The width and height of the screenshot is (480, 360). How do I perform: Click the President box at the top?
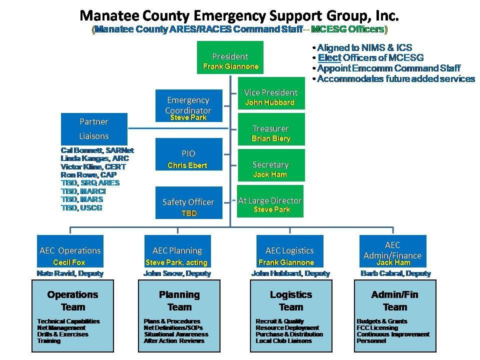pos(230,57)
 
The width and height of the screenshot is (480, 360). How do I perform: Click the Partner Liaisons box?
pos(94,128)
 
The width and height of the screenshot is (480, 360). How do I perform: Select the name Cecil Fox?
pos(69,262)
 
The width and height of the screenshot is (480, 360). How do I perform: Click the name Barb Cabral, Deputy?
pos(395,273)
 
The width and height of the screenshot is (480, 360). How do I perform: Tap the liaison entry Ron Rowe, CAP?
pos(88,175)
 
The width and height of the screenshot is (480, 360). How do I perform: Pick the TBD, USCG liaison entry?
pos(81,207)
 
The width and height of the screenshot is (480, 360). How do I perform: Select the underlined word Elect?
pos(329,58)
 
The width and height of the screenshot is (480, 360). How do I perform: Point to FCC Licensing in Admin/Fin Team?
pos(377,328)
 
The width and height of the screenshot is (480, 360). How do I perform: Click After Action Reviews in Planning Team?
pos(174,341)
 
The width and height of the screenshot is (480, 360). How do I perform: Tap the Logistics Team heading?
pos(291,300)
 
